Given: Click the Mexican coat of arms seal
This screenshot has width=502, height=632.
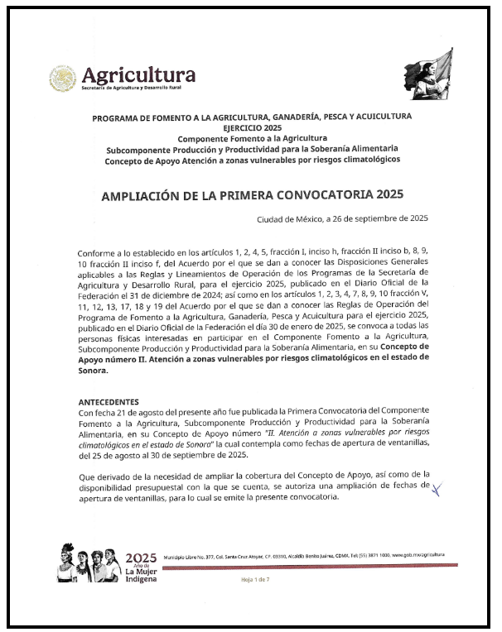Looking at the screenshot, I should tap(63, 79).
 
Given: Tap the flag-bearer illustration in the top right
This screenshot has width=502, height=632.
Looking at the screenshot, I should tap(434, 72).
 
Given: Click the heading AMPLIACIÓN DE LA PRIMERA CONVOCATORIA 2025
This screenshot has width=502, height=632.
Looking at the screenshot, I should tap(252, 195).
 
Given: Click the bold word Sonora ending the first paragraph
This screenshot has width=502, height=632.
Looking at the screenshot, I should tap(93, 371).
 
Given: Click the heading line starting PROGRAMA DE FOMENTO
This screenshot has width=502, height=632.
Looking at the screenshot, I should tap(252, 117).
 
